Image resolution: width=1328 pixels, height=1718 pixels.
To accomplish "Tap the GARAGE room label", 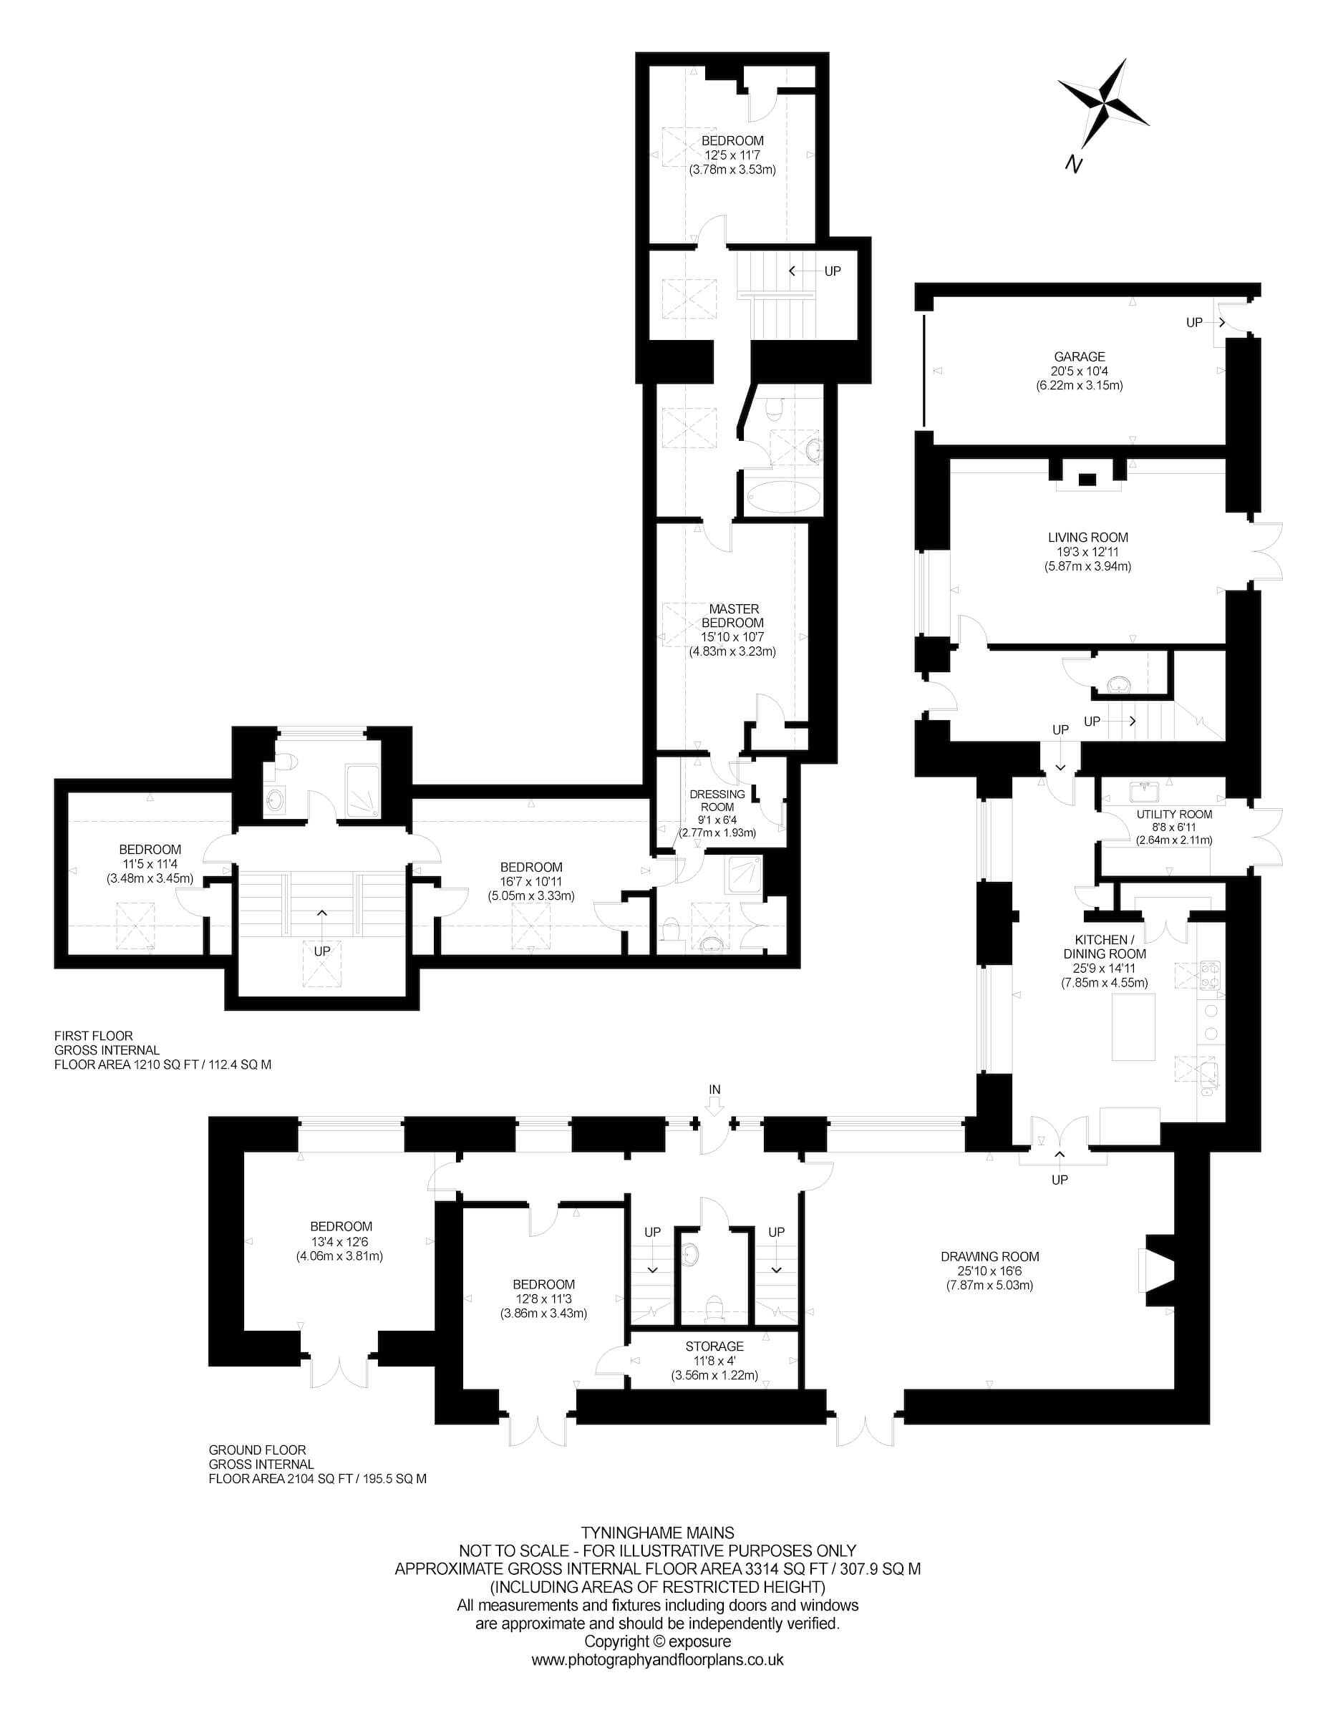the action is [x=1080, y=356].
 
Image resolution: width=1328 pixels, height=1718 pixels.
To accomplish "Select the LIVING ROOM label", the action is [x=1088, y=538].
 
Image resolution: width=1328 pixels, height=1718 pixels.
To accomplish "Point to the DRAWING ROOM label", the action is [x=989, y=1257].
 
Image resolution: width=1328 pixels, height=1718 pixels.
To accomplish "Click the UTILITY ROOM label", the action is [x=1174, y=814].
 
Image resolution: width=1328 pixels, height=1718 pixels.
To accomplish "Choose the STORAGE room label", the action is [x=714, y=1346].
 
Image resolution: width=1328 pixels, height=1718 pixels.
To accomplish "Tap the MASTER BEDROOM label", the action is [x=734, y=615].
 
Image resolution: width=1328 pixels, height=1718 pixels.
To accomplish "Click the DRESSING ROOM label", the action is [x=717, y=801].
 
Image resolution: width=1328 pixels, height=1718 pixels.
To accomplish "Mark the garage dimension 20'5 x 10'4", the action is [x=1080, y=372].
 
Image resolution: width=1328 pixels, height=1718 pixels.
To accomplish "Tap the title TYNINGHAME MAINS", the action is [x=658, y=1533].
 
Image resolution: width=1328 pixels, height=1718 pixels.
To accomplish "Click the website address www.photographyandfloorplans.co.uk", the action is [x=658, y=1661].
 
